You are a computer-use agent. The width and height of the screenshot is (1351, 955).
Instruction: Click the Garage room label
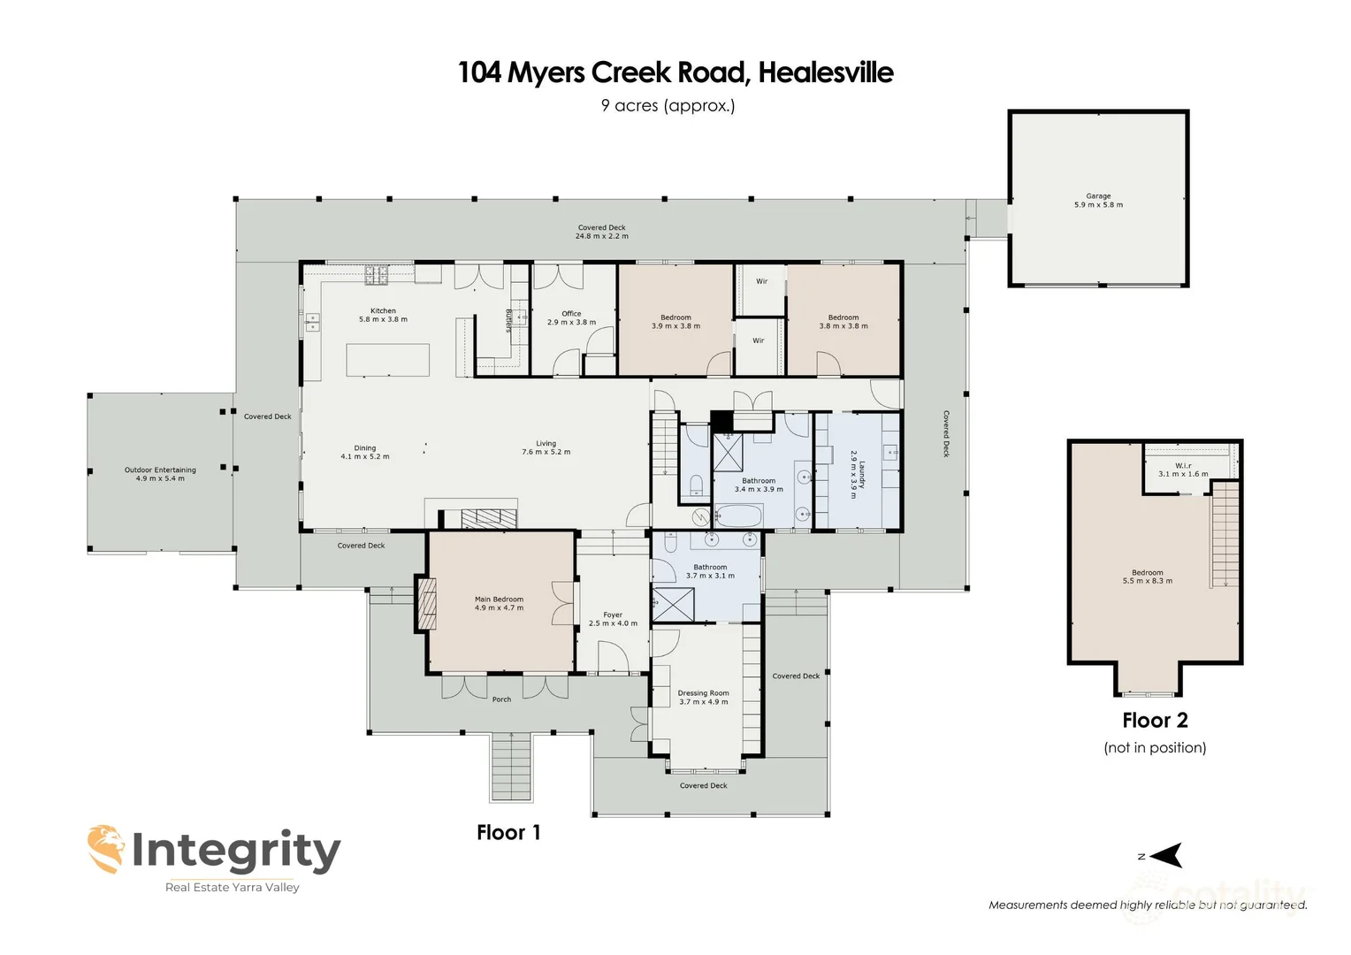[x=1098, y=196]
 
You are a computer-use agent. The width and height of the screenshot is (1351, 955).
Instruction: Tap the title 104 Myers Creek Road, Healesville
[x=675, y=73]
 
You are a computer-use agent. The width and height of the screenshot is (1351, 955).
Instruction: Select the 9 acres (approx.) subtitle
[x=668, y=105]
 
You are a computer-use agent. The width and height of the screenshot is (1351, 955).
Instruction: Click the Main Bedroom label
[x=499, y=600]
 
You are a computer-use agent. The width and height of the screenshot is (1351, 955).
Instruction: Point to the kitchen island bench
[x=387, y=360]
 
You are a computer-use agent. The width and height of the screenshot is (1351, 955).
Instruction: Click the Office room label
[x=571, y=314]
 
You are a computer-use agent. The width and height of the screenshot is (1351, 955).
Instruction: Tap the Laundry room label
[x=861, y=475]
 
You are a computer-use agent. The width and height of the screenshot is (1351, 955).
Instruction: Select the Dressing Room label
[x=704, y=693]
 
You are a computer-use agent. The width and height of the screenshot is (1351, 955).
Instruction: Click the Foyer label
[x=613, y=615]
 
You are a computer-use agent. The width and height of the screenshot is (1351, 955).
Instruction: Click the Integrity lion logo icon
[x=106, y=849]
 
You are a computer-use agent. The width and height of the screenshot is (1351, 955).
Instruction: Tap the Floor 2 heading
[x=1155, y=721]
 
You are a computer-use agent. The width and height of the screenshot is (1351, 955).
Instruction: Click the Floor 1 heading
[x=508, y=833]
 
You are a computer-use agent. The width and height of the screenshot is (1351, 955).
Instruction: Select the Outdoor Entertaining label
[x=160, y=470]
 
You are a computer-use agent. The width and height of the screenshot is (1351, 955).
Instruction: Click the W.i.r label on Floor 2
[x=1183, y=466]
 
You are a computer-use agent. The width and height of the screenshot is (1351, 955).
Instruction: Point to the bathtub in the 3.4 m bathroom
[x=738, y=516]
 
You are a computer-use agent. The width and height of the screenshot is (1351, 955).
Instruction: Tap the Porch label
[x=501, y=699]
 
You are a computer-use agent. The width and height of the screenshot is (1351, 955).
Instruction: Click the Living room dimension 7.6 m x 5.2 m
[x=546, y=453]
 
